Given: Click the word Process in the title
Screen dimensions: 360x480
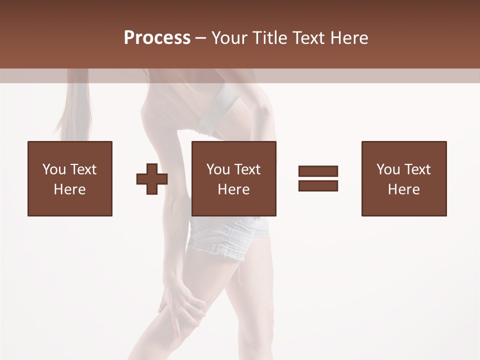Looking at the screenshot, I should coord(157,38).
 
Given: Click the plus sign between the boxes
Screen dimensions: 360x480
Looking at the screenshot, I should coord(152,178).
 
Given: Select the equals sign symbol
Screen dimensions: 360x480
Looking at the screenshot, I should coord(318,178).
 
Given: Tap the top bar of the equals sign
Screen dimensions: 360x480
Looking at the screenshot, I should coord(318,171).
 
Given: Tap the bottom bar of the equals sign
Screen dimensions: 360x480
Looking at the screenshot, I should coord(318,185).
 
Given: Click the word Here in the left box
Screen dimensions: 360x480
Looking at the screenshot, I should coord(69,189).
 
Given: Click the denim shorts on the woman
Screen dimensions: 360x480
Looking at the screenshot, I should coord(227,235).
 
